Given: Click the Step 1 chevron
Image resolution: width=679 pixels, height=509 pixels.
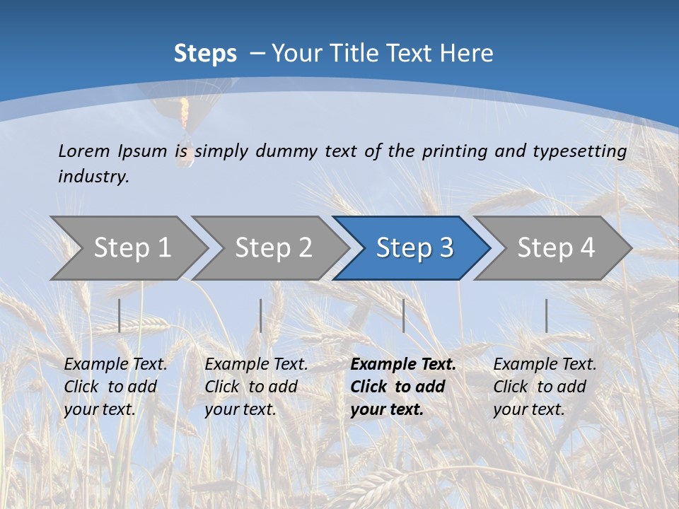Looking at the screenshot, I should (x=131, y=248).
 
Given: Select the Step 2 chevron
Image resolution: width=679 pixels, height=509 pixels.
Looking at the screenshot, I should (x=272, y=248).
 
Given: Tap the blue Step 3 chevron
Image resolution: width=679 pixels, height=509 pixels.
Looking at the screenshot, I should (x=413, y=248).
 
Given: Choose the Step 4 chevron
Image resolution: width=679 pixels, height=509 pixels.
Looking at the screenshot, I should (x=555, y=248).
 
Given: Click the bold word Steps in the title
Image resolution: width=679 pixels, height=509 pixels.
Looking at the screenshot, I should (x=205, y=54).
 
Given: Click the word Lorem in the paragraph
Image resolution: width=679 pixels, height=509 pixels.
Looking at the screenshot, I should (x=83, y=151).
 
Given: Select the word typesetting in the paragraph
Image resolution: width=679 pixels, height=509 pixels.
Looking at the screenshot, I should (x=579, y=151).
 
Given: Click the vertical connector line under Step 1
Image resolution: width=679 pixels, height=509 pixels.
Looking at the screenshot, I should (x=120, y=315).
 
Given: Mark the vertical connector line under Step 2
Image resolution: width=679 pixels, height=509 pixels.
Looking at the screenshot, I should (x=261, y=315).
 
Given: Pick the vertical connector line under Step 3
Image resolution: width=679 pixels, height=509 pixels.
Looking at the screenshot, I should (x=403, y=315).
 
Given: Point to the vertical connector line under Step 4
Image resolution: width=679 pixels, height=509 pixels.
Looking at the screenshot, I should (x=546, y=315).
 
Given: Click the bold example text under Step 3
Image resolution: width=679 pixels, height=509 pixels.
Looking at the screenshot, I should (x=403, y=387).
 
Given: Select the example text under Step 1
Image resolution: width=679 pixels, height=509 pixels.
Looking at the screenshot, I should (x=115, y=387).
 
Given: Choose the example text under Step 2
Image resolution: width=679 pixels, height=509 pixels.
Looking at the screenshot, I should (x=256, y=387).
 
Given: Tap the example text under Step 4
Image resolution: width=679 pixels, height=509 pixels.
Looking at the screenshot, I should (x=545, y=387).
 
